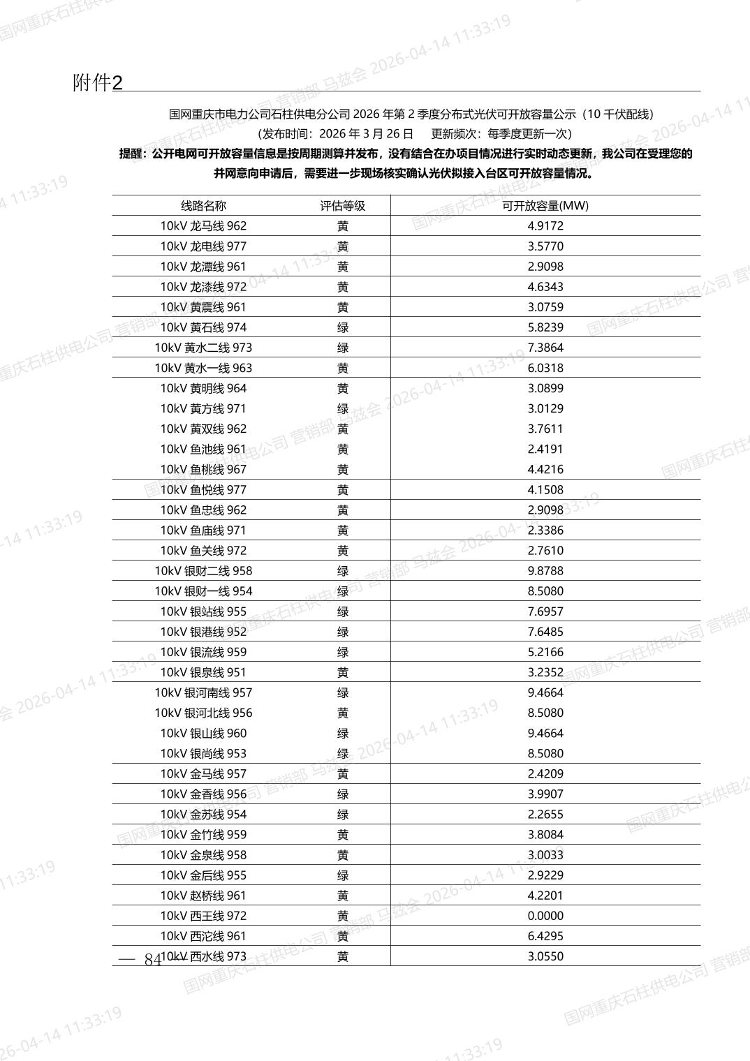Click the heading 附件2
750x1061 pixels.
tap(98, 83)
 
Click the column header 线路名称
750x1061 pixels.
tap(204, 205)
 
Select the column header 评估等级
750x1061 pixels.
tap(342, 205)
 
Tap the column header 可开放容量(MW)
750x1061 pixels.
tap(545, 205)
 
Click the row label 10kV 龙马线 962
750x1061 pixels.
tap(203, 225)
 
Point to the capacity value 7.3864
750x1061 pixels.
tap(545, 348)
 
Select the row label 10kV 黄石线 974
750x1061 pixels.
tap(203, 327)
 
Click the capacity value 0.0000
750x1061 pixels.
tap(545, 916)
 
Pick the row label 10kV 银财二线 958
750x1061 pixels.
tap(203, 571)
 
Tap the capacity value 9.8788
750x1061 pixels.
tap(545, 571)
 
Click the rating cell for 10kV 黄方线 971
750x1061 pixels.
tap(342, 408)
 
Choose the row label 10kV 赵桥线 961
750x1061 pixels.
tap(203, 896)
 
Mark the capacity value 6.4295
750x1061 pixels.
tap(545, 936)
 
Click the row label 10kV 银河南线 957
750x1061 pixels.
tap(203, 692)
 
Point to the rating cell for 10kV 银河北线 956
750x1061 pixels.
tap(342, 713)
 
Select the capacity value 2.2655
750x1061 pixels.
tap(545, 815)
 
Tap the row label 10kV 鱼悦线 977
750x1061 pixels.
tap(203, 490)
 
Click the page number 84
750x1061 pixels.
tap(152, 960)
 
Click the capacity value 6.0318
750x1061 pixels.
tap(545, 368)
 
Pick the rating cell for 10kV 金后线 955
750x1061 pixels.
tap(342, 875)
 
